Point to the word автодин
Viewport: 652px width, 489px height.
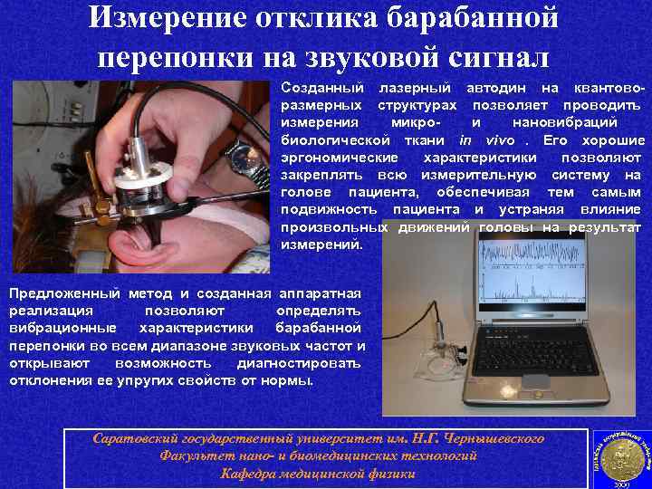(497, 89)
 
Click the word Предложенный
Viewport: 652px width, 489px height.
(65, 293)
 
